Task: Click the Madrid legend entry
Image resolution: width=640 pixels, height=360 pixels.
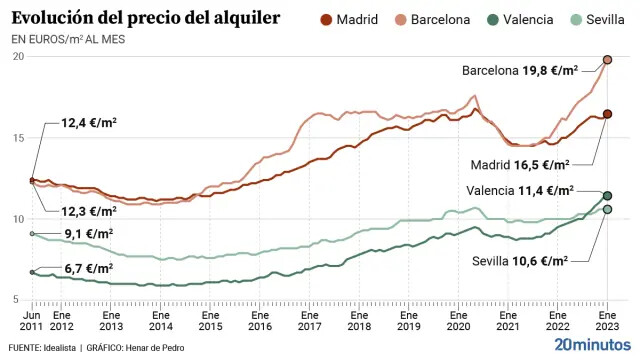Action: (349, 20)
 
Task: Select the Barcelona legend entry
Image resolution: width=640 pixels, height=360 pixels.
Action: (433, 20)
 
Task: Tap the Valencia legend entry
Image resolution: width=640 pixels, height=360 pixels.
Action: (520, 20)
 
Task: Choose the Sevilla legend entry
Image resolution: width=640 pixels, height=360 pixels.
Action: (597, 20)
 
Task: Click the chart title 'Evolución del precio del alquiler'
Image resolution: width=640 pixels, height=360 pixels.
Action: (146, 18)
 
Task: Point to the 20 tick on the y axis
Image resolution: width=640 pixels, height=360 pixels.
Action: (18, 56)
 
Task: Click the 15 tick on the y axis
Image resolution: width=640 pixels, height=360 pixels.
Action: (18, 138)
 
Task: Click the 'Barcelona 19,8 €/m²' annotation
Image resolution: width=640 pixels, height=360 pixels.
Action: (520, 71)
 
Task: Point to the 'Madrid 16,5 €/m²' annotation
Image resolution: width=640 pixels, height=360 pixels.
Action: (520, 165)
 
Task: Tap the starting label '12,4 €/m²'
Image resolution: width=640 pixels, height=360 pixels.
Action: (89, 122)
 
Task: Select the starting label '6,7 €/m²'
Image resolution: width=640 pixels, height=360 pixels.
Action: (89, 269)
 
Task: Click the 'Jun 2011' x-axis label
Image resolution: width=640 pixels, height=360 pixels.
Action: (31, 321)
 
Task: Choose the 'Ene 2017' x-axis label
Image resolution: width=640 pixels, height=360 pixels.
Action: (309, 321)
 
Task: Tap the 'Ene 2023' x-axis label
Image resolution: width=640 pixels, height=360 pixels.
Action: (607, 321)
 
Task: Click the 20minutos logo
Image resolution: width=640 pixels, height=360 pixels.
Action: (592, 344)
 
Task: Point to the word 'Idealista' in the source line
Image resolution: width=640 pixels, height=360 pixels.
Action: (60, 348)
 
